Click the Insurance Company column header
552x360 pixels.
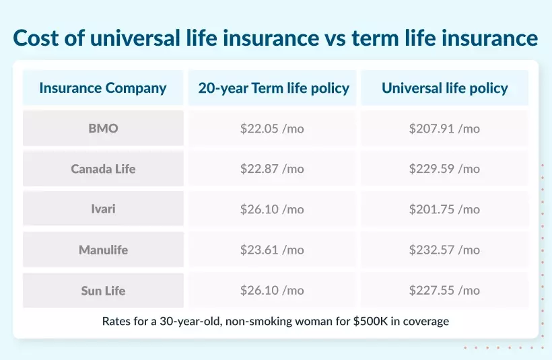(x=103, y=88)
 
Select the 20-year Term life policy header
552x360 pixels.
(x=273, y=88)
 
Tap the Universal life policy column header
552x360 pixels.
(x=444, y=88)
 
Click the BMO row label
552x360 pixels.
(x=103, y=129)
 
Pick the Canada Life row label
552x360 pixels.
(x=103, y=169)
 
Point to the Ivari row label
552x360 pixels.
(x=103, y=209)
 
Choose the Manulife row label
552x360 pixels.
(x=103, y=250)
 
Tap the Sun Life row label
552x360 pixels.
(x=103, y=291)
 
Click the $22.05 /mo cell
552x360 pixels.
(x=272, y=129)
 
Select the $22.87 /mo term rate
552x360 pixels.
(x=272, y=169)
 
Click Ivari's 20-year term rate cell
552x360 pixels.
(x=272, y=209)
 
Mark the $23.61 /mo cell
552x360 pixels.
(x=272, y=250)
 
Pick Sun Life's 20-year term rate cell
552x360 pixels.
(x=272, y=291)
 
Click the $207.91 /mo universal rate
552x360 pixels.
(x=444, y=129)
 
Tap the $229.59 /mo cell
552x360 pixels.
(x=444, y=169)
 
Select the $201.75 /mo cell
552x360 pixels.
(x=444, y=209)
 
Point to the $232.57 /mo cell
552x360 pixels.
(x=444, y=250)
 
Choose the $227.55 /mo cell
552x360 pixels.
(x=444, y=291)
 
